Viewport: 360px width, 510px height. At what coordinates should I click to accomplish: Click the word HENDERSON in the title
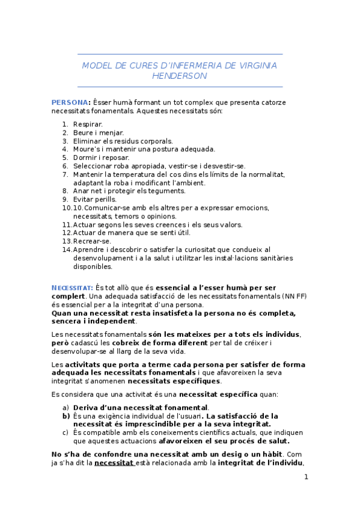(179, 76)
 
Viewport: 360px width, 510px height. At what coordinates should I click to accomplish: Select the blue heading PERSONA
(70, 102)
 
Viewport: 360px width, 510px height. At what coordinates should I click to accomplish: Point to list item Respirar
(88, 124)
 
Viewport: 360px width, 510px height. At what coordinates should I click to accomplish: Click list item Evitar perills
(95, 199)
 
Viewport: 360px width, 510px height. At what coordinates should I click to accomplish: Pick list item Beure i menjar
(99, 132)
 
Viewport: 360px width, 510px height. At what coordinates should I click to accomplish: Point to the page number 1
(306, 477)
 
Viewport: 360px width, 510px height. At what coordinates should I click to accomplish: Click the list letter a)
(66, 407)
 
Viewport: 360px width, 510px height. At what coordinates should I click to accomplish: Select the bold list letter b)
(66, 416)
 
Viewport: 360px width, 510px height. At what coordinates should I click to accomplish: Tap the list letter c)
(66, 432)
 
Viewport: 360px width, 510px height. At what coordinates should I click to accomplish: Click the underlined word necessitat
(114, 462)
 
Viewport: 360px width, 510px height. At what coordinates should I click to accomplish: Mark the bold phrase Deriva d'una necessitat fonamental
(141, 407)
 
